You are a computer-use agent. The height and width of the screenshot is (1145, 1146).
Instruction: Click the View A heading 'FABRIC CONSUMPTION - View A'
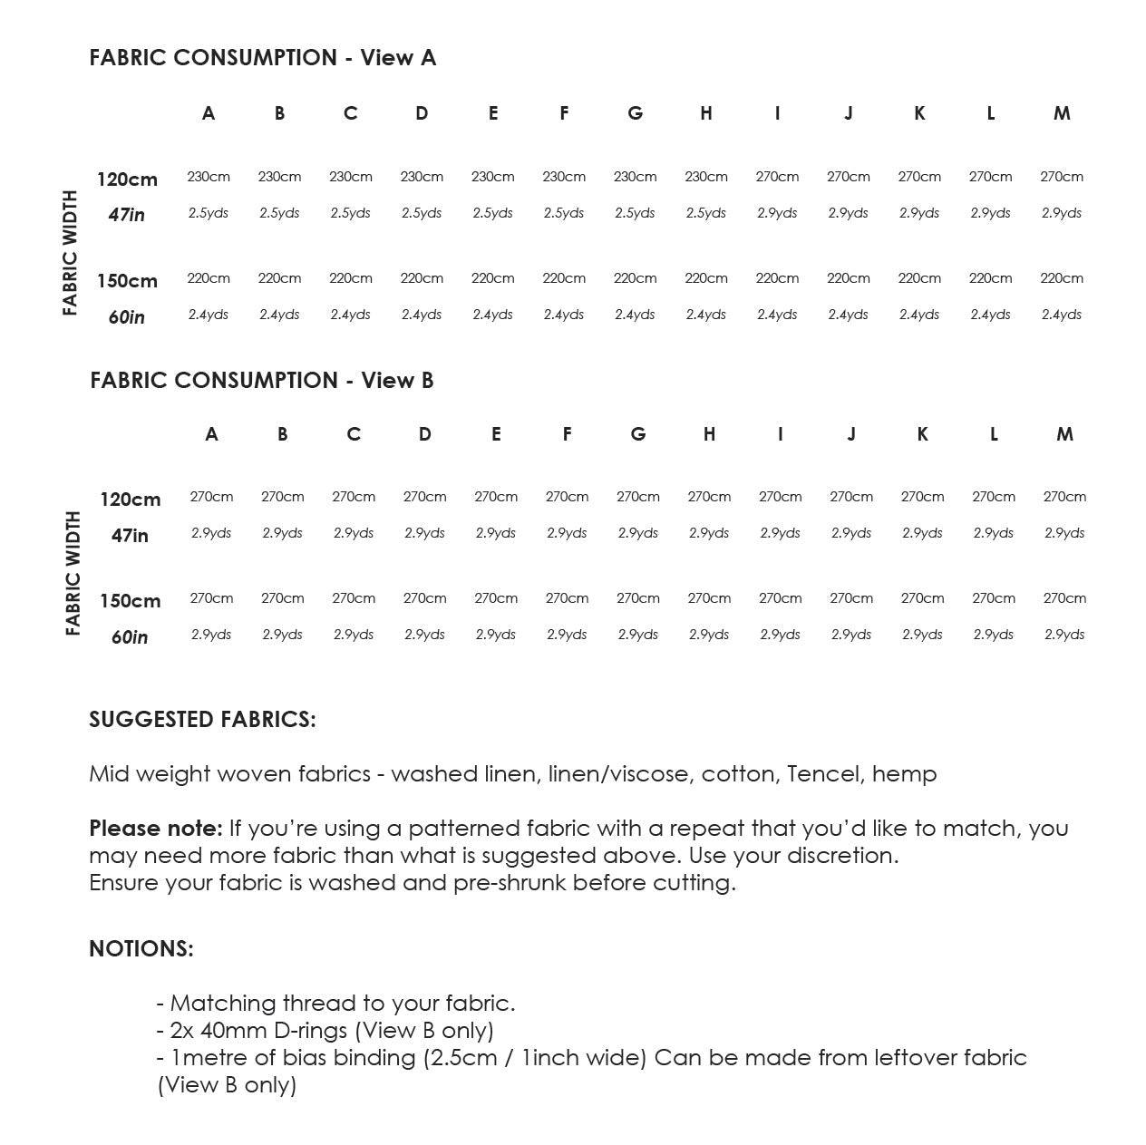(262, 58)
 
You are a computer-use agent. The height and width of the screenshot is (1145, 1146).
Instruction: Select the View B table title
(262, 380)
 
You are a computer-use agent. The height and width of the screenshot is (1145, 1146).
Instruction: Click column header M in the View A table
(1062, 113)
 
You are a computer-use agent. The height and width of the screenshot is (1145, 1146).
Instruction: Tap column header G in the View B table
(638, 434)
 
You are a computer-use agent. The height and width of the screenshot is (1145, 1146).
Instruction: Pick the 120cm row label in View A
(127, 180)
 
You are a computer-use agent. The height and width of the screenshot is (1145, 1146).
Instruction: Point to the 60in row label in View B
(130, 637)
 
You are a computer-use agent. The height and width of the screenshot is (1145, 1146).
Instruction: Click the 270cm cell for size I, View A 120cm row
(777, 177)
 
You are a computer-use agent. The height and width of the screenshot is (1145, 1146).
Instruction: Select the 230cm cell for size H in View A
(706, 177)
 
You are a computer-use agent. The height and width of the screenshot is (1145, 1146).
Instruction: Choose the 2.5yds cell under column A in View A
(209, 214)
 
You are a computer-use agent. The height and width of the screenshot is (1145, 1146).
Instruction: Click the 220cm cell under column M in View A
(1062, 278)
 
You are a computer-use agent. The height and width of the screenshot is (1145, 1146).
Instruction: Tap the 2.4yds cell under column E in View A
(493, 315)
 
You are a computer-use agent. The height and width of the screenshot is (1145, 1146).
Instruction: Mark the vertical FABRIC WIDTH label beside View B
(73, 573)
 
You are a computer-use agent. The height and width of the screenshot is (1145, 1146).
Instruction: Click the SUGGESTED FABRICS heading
(202, 720)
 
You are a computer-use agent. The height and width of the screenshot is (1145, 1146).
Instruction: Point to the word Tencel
(822, 774)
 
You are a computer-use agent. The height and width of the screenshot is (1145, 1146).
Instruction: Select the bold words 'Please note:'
(155, 829)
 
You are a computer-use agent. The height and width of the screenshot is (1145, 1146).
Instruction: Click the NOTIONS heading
(141, 949)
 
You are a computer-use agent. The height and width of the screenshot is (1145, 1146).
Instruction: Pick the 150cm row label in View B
(130, 601)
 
